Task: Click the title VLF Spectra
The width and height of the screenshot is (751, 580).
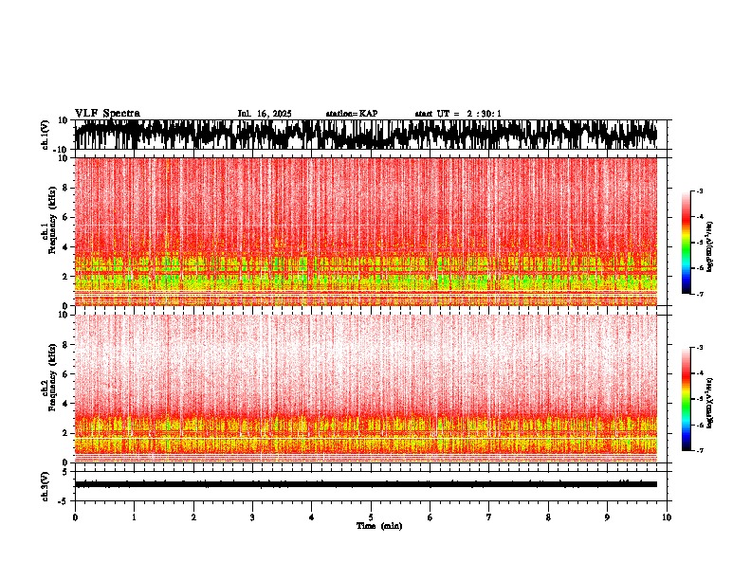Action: click(x=107, y=113)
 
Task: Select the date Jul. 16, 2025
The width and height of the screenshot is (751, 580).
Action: click(x=265, y=114)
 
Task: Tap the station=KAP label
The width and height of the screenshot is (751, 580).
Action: click(x=352, y=114)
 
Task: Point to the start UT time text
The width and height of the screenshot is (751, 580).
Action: click(x=458, y=114)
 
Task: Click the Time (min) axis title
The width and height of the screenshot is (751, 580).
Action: click(x=378, y=525)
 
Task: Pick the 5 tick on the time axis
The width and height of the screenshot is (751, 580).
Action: click(x=371, y=517)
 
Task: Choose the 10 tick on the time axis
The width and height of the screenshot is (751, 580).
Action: click(x=667, y=517)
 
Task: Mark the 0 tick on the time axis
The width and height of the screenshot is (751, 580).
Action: click(x=75, y=517)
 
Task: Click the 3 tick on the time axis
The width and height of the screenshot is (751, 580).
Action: click(x=252, y=517)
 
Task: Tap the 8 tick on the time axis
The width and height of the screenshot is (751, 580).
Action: click(x=548, y=517)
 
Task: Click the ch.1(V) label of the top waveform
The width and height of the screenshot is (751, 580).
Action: click(x=45, y=135)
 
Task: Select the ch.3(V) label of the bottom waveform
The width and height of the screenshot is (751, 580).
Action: click(x=45, y=483)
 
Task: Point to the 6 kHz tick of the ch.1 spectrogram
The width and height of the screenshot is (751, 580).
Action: click(x=66, y=217)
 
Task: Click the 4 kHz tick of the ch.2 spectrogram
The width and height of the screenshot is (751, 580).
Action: click(x=66, y=403)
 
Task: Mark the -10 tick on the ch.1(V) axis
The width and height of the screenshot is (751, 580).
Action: click(x=63, y=150)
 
